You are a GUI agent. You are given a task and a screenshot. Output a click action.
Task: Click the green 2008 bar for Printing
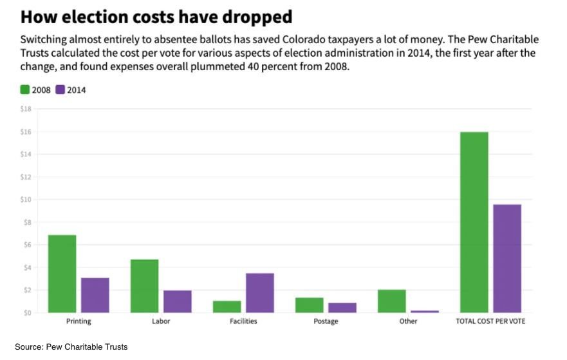(x=62, y=274)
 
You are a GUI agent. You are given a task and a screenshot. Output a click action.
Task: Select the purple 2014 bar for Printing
(x=95, y=295)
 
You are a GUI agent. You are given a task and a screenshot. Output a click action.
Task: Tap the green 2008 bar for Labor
(x=144, y=286)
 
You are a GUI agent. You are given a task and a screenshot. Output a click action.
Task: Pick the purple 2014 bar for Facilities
(x=260, y=293)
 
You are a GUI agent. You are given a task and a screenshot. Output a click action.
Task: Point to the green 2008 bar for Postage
(x=310, y=305)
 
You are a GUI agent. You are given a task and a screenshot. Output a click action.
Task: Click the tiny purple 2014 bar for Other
(x=424, y=312)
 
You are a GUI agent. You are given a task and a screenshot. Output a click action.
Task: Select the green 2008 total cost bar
(x=474, y=222)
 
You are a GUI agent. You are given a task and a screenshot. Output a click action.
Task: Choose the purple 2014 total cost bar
(x=507, y=258)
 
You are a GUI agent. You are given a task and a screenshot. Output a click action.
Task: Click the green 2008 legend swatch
(x=25, y=90)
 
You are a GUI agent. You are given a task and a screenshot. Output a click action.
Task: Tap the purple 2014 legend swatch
(x=60, y=90)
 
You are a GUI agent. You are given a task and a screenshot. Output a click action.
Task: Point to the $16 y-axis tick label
(x=26, y=131)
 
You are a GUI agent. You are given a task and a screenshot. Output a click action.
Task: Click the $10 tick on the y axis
(x=26, y=200)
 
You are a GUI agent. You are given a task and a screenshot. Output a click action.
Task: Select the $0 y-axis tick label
(x=27, y=313)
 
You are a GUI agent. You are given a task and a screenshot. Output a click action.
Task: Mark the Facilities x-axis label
(x=243, y=321)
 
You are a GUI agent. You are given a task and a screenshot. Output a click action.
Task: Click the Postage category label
(x=326, y=321)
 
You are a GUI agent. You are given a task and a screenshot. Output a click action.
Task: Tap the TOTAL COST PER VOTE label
(x=490, y=321)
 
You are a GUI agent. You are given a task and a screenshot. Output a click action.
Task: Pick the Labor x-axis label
(x=161, y=321)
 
